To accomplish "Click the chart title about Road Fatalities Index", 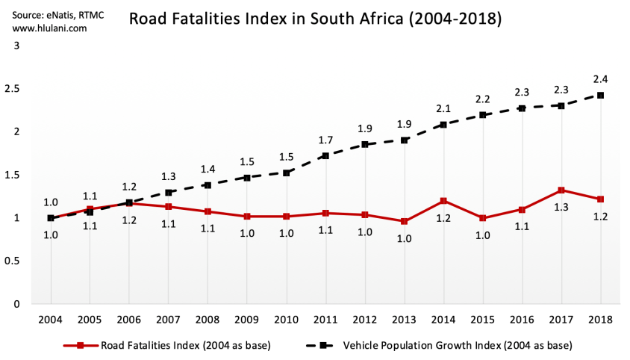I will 314,19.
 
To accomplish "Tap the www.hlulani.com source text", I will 49,28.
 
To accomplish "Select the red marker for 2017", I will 561,190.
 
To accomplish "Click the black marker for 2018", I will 600,96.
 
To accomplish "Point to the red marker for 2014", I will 443,201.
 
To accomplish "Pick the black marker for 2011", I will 325,156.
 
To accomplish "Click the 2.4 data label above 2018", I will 600,78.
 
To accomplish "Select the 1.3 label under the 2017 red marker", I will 561,207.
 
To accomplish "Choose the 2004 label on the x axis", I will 51,319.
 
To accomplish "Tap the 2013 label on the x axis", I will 404,319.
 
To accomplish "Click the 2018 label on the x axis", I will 600,319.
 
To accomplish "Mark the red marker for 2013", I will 404,221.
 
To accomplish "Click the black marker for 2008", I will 208,184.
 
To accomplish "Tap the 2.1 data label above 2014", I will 443,109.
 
